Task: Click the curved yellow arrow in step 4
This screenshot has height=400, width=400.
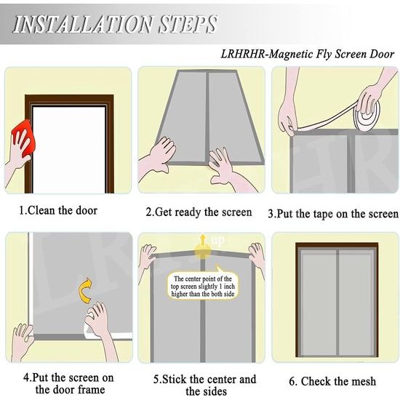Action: (87, 291)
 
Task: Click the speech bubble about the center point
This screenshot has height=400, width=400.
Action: (203, 284)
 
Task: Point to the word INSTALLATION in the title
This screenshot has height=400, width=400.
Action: (83, 25)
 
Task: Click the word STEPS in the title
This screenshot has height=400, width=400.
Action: (188, 25)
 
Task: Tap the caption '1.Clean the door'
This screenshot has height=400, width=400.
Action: (58, 211)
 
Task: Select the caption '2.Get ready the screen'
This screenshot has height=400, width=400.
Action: (199, 212)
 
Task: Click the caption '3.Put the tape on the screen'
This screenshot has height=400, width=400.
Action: (333, 214)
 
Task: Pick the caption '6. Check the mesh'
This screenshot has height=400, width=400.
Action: (332, 381)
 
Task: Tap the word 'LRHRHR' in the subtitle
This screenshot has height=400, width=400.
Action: (243, 54)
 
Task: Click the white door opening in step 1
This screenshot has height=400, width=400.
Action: (69, 150)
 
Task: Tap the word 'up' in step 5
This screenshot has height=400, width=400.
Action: (217, 240)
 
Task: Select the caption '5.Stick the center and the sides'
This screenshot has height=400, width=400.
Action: (205, 385)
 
